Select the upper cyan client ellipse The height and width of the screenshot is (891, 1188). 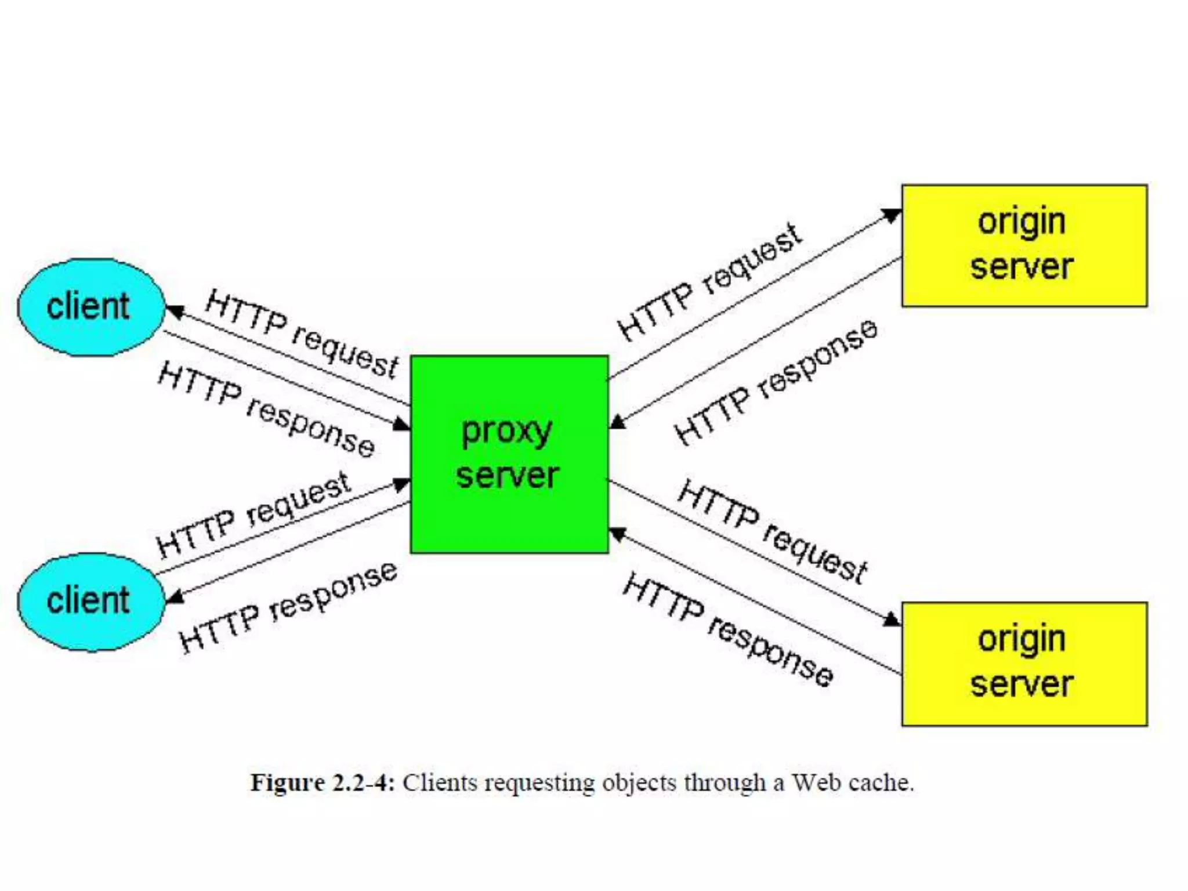pos(91,307)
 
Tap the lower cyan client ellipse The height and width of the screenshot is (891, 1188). pos(91,602)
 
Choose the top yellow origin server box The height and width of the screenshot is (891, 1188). pos(1024,245)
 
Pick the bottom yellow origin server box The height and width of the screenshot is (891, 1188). pos(1024,664)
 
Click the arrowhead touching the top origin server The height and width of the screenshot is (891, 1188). pos(892,216)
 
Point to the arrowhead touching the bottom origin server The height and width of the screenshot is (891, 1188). pos(892,620)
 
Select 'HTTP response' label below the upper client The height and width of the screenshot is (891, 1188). pos(266,410)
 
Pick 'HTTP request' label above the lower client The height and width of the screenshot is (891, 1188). pos(253,515)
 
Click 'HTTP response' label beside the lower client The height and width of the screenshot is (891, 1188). pos(288,607)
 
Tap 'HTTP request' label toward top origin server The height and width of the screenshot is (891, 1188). pos(709,282)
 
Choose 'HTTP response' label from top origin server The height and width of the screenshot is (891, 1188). pos(776,382)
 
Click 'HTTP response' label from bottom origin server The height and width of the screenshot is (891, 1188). pos(727,629)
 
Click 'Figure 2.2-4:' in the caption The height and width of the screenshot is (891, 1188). pos(323,783)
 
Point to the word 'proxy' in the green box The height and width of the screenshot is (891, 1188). pos(506,431)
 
